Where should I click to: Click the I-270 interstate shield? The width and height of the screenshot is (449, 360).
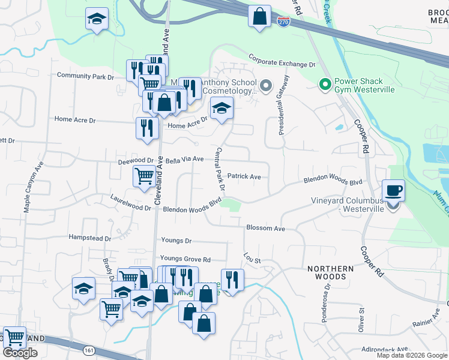(283, 22)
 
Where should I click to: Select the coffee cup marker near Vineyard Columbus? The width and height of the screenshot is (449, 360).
(393, 191)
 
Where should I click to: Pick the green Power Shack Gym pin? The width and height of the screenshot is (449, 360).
(325, 85)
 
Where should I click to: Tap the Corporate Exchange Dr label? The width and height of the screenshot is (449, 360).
(282, 63)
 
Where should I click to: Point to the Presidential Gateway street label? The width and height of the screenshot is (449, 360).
(282, 104)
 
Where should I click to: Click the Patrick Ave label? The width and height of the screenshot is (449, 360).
(247, 177)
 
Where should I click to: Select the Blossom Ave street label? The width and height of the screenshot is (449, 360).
(265, 229)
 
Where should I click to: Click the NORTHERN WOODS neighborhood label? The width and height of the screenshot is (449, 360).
(327, 272)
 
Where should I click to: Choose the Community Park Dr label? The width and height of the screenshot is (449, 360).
(85, 76)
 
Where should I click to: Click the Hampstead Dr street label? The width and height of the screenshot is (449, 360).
(90, 238)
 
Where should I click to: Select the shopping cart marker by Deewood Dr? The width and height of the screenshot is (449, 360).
(144, 177)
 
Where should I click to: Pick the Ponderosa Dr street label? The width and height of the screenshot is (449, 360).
(327, 295)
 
